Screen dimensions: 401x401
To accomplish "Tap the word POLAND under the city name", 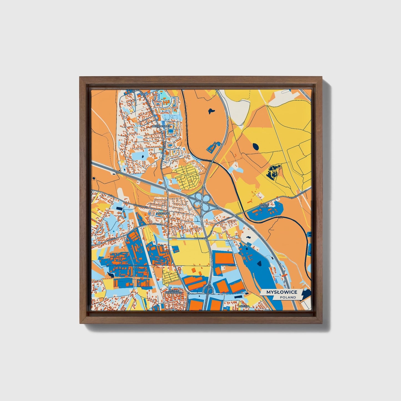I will [288, 297].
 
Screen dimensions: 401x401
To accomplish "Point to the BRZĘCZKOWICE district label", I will [161, 126].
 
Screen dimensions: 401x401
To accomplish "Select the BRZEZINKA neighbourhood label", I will [163, 213].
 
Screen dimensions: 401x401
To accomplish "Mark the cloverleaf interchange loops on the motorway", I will [202, 201].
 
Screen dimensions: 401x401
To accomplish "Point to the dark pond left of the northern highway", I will [211, 110].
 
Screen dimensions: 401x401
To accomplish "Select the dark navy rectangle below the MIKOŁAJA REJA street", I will [119, 208].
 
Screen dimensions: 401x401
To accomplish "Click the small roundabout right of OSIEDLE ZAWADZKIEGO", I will [188, 293].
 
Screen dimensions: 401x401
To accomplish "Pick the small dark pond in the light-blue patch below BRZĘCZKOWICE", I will [142, 156].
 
